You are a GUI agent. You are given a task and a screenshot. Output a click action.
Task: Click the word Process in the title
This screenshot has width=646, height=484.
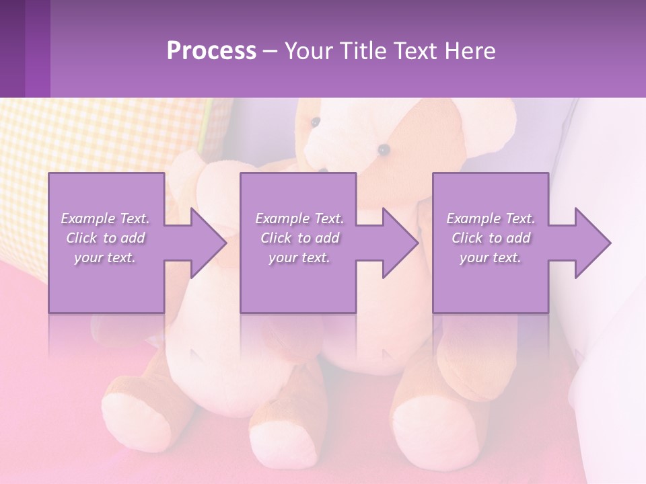[x=211, y=51]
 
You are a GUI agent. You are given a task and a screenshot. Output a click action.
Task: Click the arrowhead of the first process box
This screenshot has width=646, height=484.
[x=209, y=243]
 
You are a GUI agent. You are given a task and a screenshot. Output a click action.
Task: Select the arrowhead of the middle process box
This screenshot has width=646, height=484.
[x=400, y=243]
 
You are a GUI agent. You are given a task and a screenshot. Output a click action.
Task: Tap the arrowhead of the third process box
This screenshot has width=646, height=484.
[x=592, y=243]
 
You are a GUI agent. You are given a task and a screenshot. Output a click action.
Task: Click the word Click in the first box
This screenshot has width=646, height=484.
[x=81, y=238]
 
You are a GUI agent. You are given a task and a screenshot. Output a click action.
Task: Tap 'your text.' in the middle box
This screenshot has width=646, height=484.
[x=299, y=257]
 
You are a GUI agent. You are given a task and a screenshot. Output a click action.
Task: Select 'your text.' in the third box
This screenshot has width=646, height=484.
[x=490, y=257]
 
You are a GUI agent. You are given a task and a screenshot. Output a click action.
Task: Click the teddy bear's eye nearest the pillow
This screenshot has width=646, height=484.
[x=316, y=122]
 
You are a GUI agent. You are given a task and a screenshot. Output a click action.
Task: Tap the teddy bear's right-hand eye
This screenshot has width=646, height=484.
[x=384, y=149]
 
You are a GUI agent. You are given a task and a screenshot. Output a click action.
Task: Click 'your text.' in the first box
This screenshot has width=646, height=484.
[x=104, y=257]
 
